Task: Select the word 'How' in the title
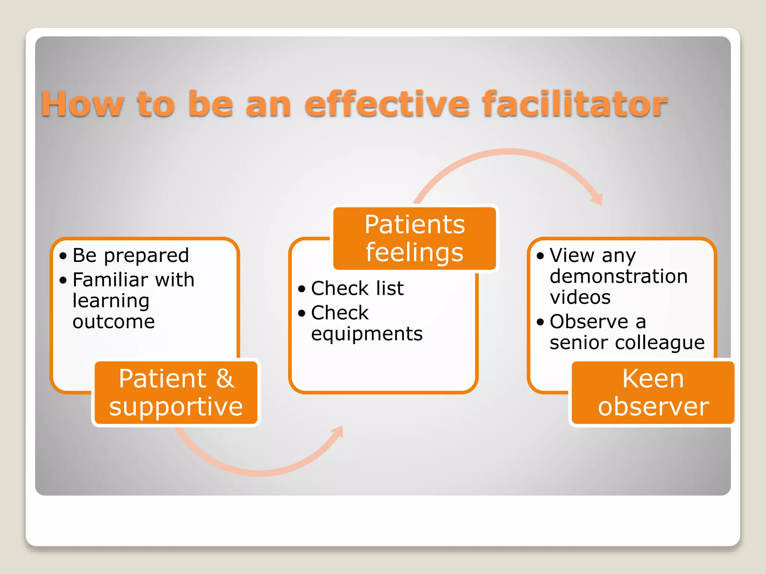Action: [x=82, y=105]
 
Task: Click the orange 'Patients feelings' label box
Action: [x=414, y=238]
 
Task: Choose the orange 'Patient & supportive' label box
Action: [x=176, y=392]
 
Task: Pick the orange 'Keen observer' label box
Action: [x=653, y=392]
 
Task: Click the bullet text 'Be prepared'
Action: [x=131, y=256]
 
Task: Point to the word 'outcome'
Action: [x=114, y=322]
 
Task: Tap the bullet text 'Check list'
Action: [x=357, y=288]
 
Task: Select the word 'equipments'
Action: [x=367, y=334]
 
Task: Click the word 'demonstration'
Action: [x=619, y=277]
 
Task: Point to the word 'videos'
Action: [x=580, y=297]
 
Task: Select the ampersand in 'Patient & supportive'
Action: [x=225, y=379]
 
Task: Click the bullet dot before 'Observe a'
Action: [x=540, y=322]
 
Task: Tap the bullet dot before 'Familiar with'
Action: [x=63, y=280]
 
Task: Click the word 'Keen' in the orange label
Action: [x=653, y=379]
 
